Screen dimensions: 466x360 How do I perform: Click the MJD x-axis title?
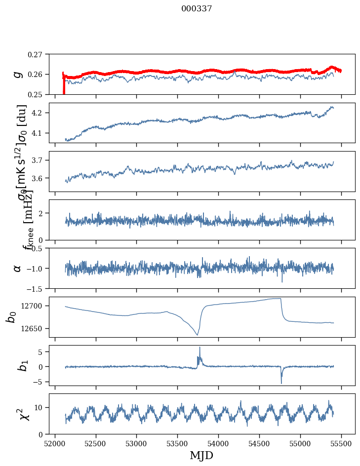201,455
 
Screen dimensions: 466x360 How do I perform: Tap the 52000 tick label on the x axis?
55,443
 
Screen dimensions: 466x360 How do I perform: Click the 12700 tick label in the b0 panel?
34,306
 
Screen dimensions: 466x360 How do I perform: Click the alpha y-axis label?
17,268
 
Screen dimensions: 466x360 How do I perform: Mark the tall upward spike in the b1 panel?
200,348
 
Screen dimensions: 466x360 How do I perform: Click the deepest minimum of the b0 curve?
198,335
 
